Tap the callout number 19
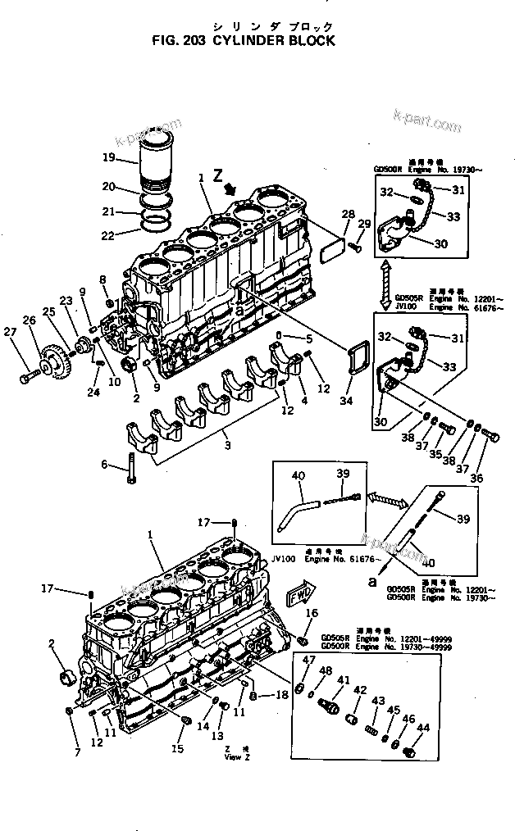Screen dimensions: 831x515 point(108,157)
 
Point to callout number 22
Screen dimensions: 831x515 point(108,237)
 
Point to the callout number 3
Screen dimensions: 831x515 point(228,445)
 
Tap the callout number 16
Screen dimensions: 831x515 point(312,613)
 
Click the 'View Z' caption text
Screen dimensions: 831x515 point(237,757)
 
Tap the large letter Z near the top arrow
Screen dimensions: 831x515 point(217,174)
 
